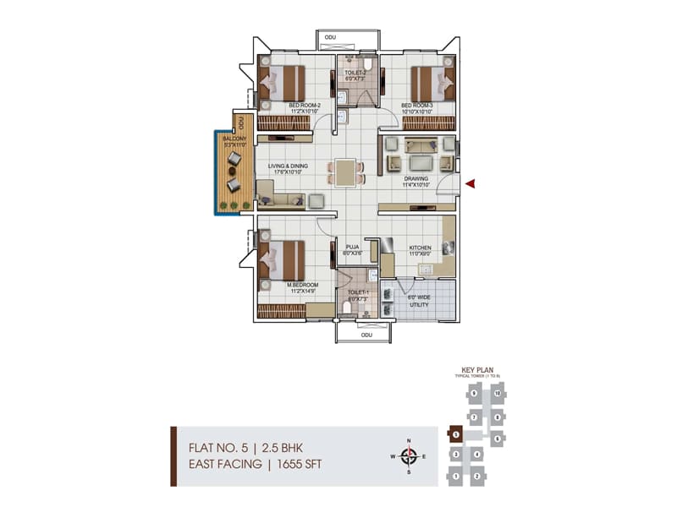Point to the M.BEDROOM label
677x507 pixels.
click(302, 285)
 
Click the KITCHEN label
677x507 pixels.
click(421, 248)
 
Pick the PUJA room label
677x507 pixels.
click(352, 248)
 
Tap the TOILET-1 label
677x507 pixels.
click(356, 292)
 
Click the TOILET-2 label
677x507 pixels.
click(355, 73)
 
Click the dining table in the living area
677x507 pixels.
click(345, 172)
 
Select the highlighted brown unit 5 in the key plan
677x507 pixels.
click(455, 434)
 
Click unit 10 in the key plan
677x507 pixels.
click(498, 394)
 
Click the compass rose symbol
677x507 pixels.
click(409, 457)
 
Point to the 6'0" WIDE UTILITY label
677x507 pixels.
click(417, 300)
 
